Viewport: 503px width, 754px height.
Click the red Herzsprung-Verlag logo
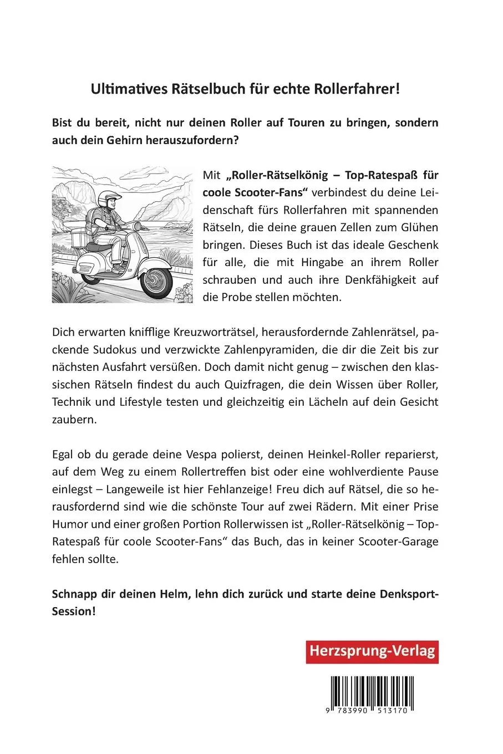pos(372,651)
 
